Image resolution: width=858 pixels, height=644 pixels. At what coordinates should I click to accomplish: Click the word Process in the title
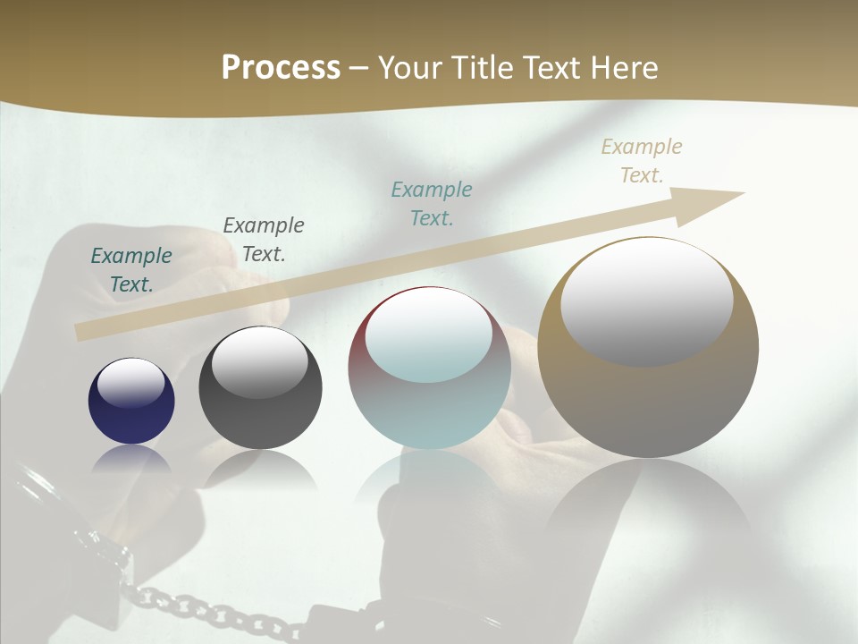[281, 67]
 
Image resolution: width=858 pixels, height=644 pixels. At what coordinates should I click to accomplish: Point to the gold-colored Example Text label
[641, 161]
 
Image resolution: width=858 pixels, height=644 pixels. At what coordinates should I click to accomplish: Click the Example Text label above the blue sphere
[131, 270]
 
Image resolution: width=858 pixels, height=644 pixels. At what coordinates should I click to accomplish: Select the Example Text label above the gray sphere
[264, 240]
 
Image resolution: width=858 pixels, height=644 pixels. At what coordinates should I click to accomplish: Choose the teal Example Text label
[432, 203]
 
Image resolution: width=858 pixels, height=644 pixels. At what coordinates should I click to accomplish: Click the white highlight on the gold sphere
[646, 300]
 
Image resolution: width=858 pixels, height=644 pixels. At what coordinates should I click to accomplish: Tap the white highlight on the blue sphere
[131, 383]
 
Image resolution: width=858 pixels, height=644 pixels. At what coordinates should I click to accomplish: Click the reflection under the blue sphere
[131, 458]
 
